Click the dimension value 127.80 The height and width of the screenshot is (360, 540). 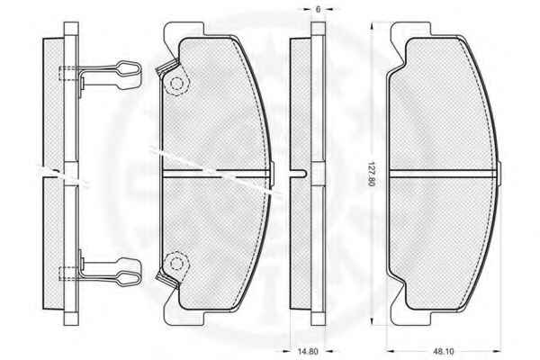[x=371, y=174]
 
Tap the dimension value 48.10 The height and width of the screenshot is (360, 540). [x=444, y=351]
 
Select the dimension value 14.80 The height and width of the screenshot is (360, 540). [x=307, y=351]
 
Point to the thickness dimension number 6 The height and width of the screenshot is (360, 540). [x=318, y=9]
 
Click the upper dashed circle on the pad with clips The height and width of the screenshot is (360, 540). [x=177, y=84]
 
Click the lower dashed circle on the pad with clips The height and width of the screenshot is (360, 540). [x=176, y=264]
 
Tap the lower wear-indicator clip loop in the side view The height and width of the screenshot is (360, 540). [x=129, y=278]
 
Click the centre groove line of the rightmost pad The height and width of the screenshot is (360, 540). [x=443, y=174]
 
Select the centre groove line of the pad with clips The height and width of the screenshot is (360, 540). [x=216, y=174]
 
